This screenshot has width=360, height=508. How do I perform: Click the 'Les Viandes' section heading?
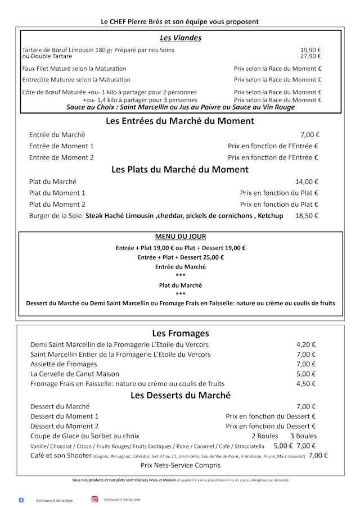coord(181,38)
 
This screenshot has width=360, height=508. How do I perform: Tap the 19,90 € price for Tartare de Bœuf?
coord(310,50)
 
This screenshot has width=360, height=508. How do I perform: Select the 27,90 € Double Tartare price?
coord(310,56)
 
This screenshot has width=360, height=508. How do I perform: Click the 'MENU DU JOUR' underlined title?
coord(180,237)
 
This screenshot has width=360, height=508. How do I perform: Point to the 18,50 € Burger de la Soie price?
coord(307,216)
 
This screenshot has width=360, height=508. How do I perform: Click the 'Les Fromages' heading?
coord(180,333)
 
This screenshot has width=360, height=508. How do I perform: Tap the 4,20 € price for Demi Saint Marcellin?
coord(306,344)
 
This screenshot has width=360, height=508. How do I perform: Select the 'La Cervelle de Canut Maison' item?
coord(75,374)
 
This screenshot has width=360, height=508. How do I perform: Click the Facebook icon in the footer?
coord(21,500)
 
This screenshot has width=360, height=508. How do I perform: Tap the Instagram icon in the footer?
coord(94,499)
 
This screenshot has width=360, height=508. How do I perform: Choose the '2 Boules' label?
coord(264,436)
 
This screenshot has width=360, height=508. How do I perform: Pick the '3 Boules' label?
coord(303,436)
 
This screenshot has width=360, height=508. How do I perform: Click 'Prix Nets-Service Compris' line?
coord(181,465)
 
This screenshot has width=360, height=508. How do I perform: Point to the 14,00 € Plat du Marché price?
coord(307,182)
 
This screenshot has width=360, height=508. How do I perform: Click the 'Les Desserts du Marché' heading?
coord(181,395)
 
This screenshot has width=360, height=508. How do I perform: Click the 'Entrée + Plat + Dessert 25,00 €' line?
coord(181,257)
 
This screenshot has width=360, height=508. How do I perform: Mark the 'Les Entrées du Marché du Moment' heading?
coord(180,121)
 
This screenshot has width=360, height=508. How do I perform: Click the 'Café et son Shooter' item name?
coord(61,456)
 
